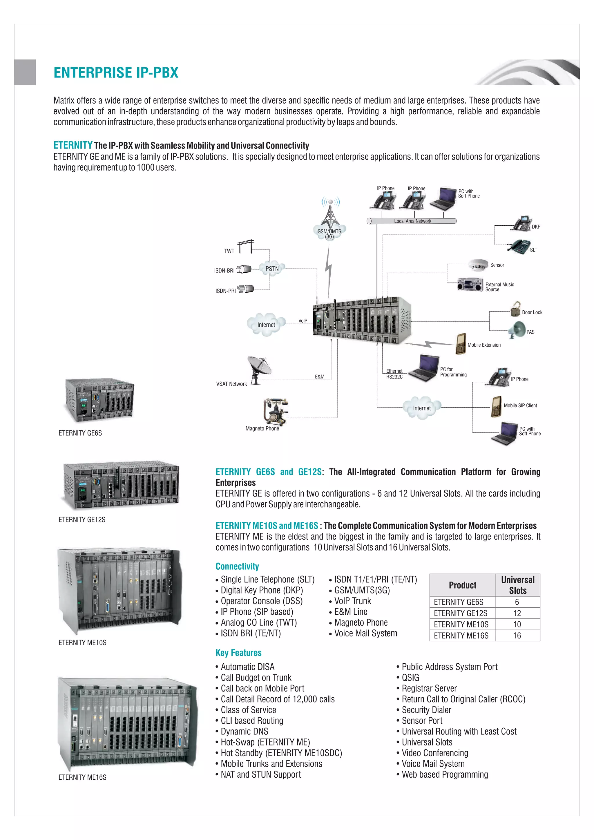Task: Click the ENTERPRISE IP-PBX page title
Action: tap(116, 73)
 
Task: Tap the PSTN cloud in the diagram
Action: tap(272, 269)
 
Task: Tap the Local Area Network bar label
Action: tap(412, 221)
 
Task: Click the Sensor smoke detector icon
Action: tap(478, 265)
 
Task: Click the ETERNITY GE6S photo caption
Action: tap(80, 433)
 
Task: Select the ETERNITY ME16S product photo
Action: tap(127, 723)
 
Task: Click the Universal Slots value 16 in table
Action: tap(517, 636)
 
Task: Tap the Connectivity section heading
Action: tap(237, 566)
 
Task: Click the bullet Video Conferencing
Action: tap(434, 753)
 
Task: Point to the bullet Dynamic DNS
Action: tap(244, 731)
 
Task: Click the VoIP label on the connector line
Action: tap(303, 321)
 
